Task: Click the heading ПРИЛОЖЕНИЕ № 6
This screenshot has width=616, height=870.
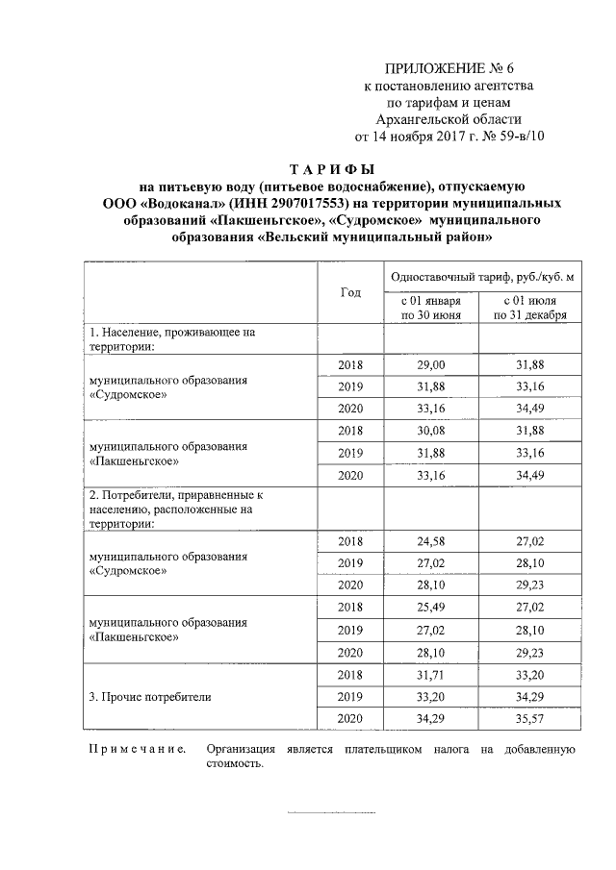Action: [450, 68]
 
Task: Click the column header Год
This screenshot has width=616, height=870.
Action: [350, 291]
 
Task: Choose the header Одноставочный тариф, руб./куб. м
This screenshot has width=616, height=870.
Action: [483, 277]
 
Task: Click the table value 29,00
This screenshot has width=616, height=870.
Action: [431, 365]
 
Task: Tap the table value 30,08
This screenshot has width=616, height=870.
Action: [431, 430]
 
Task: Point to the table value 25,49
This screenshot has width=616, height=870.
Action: [431, 608]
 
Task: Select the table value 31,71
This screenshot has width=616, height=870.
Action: [431, 675]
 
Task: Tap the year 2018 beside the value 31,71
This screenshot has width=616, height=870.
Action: [350, 675]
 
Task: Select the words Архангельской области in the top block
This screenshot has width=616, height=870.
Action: [450, 118]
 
